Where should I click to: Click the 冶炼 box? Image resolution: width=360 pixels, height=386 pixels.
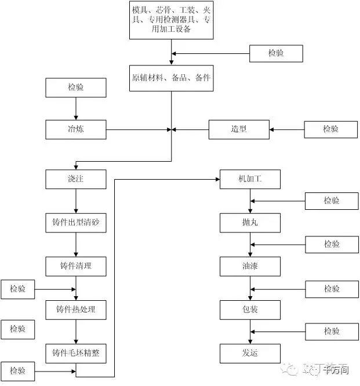coord(76,129)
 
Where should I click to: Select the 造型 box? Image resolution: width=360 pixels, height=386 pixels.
coord(239,129)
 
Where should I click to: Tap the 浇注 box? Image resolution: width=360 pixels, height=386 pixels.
coord(76,179)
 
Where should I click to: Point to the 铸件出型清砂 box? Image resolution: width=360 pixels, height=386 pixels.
coord(76,223)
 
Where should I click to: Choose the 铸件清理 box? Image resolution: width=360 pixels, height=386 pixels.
coord(76,266)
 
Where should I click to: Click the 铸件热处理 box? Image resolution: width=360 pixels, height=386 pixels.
coord(76,309)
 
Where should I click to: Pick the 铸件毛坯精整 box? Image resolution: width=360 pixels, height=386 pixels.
coord(76,353)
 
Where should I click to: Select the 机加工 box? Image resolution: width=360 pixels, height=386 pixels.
coord(250,179)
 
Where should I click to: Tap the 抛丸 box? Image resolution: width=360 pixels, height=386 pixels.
coord(250,223)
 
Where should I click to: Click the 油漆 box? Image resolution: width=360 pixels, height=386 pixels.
coord(250,266)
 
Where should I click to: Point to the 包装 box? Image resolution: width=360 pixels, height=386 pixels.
coord(250,309)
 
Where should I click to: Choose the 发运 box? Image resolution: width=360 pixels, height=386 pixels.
coord(250,353)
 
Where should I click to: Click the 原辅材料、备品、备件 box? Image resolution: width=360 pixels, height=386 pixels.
coord(171,78)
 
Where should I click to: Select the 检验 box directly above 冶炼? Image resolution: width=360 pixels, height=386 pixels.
coord(76,88)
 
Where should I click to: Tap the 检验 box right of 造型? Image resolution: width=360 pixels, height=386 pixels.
coord(330,129)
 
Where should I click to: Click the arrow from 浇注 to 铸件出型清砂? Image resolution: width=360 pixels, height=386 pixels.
coord(76,201)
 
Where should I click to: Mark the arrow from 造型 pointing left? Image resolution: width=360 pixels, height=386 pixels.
coord(191,129)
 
